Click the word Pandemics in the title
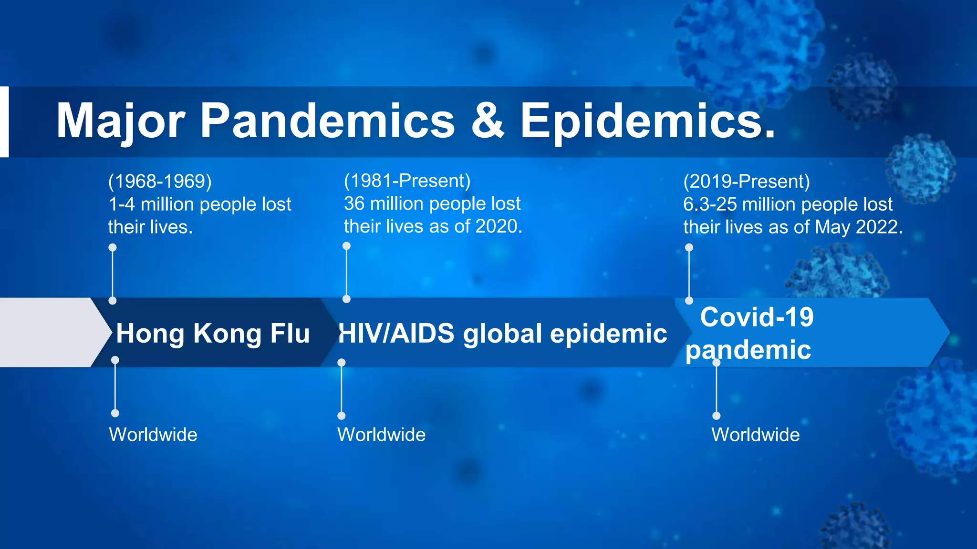pos(327,121)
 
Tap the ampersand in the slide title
pos(488,121)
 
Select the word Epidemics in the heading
pos(647,121)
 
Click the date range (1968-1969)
pos(160,182)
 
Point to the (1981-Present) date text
pos(407,181)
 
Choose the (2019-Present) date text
pos(746,182)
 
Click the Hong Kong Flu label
pos(213,333)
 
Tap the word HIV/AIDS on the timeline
pos(396,333)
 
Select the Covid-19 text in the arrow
pos(757,317)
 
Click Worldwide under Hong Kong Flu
pos(153,435)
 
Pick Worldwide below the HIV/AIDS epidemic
pos(381,435)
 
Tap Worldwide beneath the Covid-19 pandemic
pos(755,435)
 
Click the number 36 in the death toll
pos(354,203)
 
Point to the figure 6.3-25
pos(710,204)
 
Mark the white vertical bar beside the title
pos(4,122)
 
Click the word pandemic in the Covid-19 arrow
pos(748,350)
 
